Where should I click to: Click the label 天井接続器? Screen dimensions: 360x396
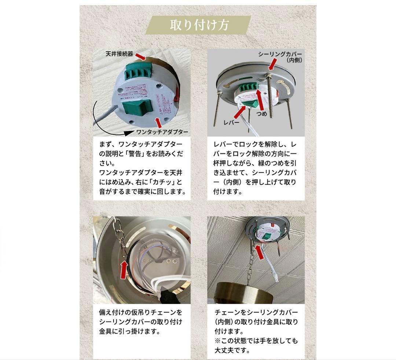coord(118,54)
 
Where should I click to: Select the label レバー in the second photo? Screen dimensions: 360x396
coord(231,123)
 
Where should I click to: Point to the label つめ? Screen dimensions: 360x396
coord(263,114)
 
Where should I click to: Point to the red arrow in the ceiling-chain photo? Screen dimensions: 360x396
coord(260,252)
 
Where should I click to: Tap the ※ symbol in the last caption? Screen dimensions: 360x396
coord(217,341)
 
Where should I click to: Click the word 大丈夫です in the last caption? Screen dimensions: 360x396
coord(232,350)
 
